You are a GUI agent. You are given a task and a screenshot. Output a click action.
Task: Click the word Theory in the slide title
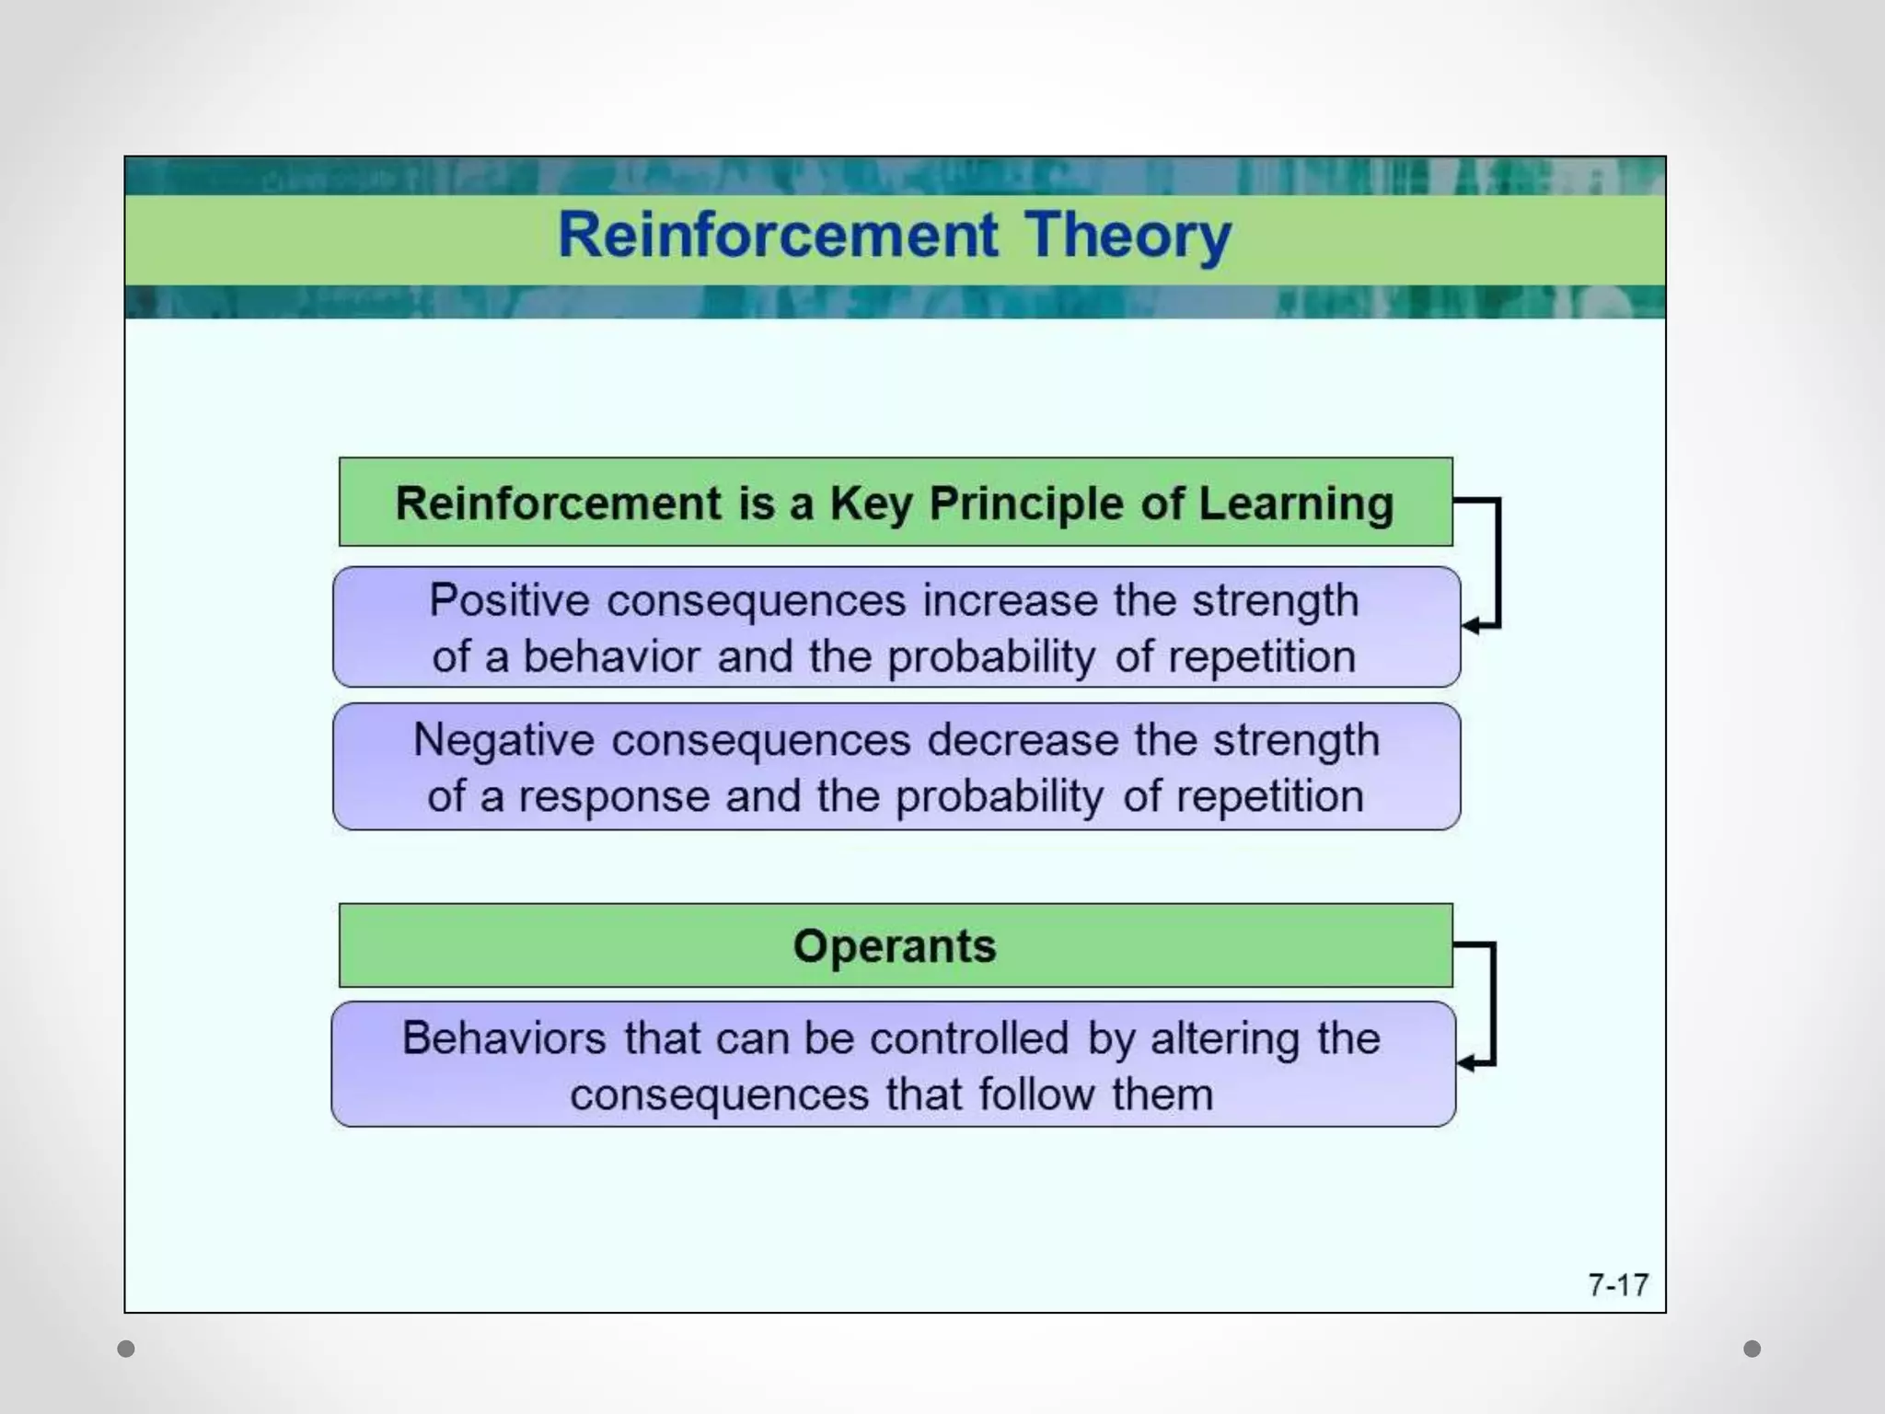pos(1128,235)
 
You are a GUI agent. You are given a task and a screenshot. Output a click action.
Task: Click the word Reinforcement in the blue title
pos(778,235)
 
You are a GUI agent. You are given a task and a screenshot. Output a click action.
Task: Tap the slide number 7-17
pos(1618,1284)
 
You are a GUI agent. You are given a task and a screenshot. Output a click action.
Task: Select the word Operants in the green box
pos(895,946)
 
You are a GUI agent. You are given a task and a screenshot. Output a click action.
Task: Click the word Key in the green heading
pos(871,504)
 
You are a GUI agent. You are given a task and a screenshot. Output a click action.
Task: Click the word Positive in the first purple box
pos(509,600)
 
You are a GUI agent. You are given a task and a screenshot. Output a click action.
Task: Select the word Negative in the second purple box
pos(503,740)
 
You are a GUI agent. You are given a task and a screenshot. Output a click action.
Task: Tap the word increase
pos(1010,600)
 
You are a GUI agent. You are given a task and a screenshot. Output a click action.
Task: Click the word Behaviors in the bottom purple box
pos(504,1038)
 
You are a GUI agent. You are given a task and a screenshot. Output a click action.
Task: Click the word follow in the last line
pos(1035,1095)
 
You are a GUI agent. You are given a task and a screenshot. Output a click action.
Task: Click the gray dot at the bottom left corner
pos(126,1349)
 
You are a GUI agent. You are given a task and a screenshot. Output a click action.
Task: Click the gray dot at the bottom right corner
pos(1752,1349)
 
